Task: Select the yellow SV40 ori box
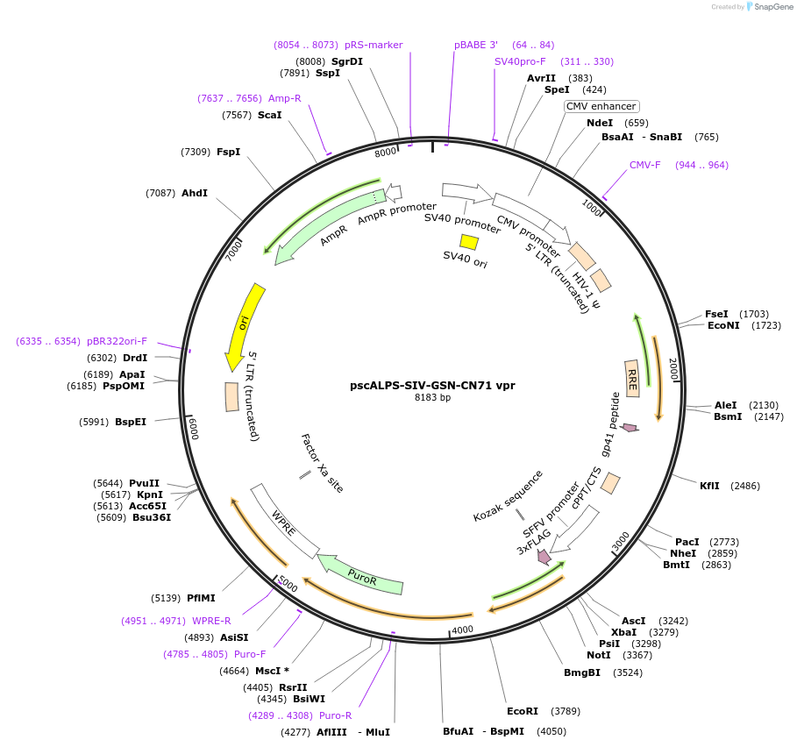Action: [469, 242]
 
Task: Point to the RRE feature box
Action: [632, 378]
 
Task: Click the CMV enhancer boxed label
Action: [601, 106]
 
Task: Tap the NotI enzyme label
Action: [599, 655]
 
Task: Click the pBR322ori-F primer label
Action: [117, 341]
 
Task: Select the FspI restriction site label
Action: [228, 152]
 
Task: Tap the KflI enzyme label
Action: [709, 486]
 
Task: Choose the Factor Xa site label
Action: [321, 463]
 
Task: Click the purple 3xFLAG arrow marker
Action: [544, 556]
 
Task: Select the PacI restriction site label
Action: [687, 542]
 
